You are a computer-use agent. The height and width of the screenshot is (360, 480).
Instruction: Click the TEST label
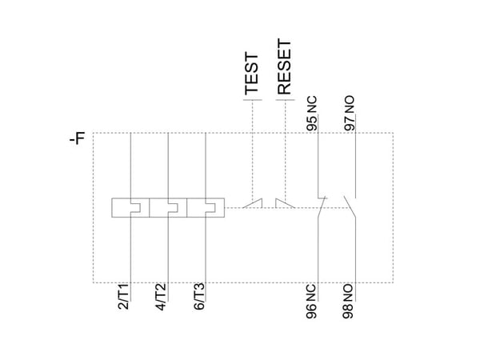point(252,74)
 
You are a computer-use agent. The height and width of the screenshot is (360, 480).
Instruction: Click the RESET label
point(284,66)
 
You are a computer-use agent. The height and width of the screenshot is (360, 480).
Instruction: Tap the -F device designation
point(77,138)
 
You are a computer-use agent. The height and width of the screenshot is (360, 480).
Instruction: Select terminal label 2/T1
point(123,297)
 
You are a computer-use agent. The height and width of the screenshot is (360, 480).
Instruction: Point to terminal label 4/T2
point(161,297)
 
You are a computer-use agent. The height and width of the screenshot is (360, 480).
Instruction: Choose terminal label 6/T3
point(198,297)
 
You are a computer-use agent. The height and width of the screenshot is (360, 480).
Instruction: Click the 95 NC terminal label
point(312,114)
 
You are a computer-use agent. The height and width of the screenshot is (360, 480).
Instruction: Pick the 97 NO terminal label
point(350,114)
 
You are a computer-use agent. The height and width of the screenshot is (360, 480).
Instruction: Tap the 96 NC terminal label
point(311,302)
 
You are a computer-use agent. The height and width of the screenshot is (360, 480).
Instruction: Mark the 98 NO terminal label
point(348,302)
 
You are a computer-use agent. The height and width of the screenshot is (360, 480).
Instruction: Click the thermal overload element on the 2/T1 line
point(130,207)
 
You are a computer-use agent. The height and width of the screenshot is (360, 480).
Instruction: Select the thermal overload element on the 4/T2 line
point(168,207)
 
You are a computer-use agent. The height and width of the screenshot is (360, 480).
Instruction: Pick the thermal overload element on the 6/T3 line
point(206,207)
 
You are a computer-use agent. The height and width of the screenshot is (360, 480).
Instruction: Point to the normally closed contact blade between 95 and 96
point(322,207)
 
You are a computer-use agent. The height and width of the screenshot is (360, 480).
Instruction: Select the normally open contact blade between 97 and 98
point(350,207)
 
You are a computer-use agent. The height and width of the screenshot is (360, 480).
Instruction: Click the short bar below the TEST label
point(253,100)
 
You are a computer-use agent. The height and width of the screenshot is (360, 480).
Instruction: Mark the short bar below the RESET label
point(286,100)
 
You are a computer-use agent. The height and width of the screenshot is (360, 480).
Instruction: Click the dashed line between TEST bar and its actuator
point(253,150)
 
